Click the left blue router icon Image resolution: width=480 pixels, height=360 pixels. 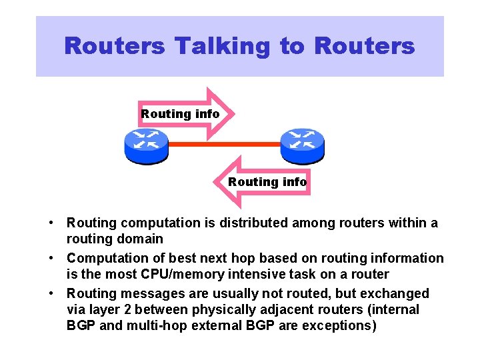coord(146,145)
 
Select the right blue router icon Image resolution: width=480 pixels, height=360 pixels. coord(302,145)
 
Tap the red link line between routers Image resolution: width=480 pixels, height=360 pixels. coord(224,144)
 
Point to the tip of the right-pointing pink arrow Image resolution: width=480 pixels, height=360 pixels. coord(235,113)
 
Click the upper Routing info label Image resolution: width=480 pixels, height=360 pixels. coord(180,114)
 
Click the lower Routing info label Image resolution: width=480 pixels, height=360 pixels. coord(267,182)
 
